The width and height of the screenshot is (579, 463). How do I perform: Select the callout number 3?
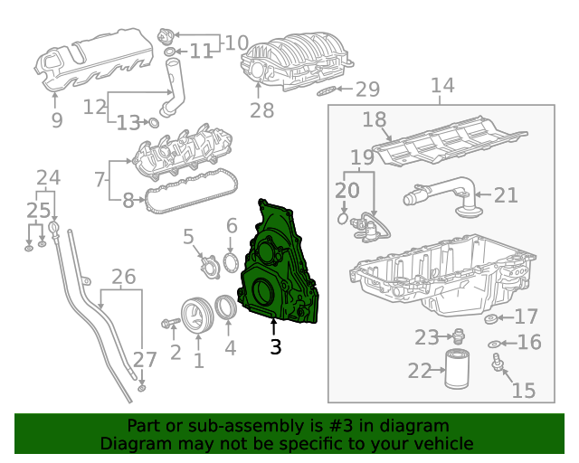click(276, 346)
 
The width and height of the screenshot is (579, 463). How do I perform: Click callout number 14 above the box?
click(441, 86)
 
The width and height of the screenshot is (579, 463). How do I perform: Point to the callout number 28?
click(261, 110)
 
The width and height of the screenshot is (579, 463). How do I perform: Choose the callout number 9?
click(56, 119)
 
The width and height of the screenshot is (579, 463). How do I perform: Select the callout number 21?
click(506, 194)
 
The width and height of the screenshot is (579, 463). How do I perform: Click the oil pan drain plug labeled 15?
click(497, 364)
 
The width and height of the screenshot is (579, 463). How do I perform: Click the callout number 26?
click(123, 276)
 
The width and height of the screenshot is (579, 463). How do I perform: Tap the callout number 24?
click(48, 177)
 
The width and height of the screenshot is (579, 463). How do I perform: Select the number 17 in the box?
click(526, 317)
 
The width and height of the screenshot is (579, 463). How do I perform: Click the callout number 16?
click(528, 342)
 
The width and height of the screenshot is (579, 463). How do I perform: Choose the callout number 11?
click(200, 51)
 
